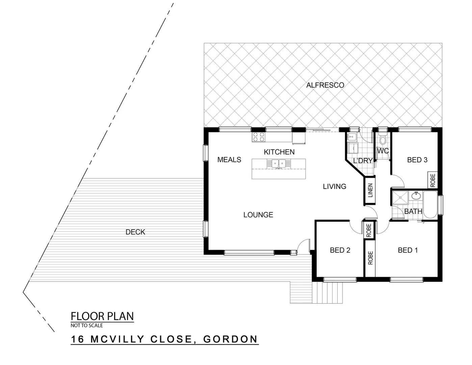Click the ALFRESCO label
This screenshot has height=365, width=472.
tap(325, 85)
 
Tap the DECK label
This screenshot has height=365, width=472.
tap(135, 232)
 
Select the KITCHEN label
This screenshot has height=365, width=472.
tap(279, 152)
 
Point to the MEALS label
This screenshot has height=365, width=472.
tap(229, 160)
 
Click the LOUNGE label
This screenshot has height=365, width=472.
tap(258, 215)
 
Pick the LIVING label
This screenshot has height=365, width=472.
tap(334, 187)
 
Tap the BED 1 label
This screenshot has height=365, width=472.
tap(408, 250)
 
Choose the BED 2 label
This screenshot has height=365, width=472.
tap(340, 250)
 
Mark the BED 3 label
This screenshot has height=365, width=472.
tap(417, 160)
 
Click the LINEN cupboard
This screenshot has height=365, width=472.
tap(370, 191)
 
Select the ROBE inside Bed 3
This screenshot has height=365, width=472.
tap(432, 180)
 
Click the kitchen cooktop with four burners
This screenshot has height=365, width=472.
tap(259, 137)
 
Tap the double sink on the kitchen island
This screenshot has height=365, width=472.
tap(279, 164)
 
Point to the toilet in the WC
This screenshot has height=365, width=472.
tap(383, 139)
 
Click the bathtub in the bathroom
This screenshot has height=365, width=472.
tap(430, 204)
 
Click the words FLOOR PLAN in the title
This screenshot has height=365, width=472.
tap(102, 316)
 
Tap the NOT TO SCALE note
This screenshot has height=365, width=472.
tap(87, 325)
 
